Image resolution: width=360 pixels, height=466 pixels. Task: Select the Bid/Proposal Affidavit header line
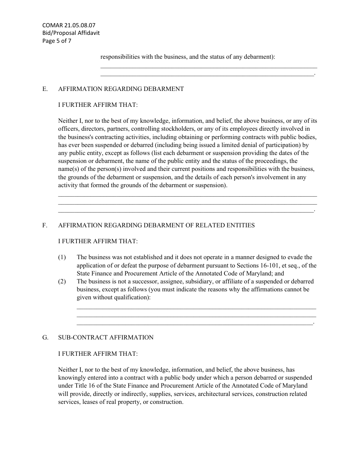(x=71, y=33)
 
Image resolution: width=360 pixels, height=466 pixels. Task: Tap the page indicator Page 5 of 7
(x=56, y=41)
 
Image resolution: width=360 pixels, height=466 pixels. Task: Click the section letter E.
(x=45, y=89)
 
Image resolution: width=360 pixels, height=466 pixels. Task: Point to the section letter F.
(x=45, y=225)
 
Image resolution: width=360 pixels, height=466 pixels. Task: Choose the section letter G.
(x=45, y=338)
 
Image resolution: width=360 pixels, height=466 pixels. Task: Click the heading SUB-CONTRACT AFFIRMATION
(x=106, y=338)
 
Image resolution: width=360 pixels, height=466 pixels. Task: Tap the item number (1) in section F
(x=62, y=258)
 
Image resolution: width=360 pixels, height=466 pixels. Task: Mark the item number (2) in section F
(x=62, y=281)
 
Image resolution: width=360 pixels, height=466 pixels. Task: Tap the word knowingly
(x=72, y=378)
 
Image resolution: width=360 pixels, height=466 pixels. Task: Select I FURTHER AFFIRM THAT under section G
(x=98, y=354)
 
